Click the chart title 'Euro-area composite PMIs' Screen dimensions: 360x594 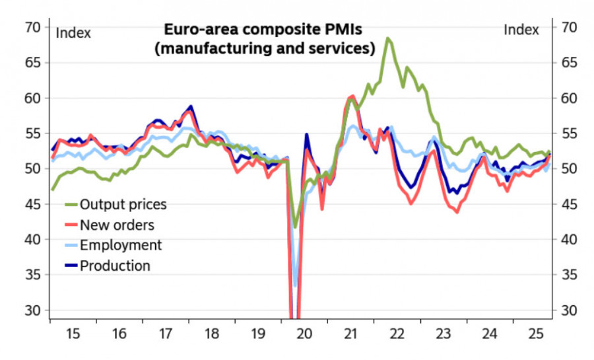[263, 30]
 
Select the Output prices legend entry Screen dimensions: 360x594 [123, 204]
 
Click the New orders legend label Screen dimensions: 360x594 [117, 225]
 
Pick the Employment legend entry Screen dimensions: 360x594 [120, 245]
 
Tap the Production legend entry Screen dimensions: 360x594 [115, 266]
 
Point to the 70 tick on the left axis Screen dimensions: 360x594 [34, 27]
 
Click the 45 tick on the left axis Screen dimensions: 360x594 [34, 204]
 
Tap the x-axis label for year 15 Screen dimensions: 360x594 [73, 334]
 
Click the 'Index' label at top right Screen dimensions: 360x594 [521, 30]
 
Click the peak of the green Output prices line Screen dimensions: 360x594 [388, 38]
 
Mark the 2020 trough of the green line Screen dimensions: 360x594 [296, 226]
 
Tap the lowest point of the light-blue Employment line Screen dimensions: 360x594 [296, 285]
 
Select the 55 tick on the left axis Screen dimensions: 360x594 [34, 133]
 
